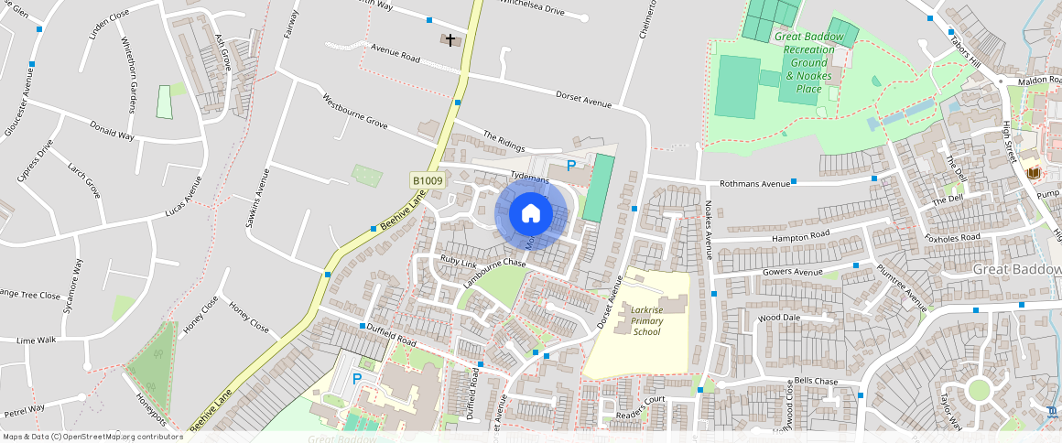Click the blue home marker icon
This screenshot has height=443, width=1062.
(531, 213)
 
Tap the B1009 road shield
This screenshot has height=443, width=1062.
(428, 181)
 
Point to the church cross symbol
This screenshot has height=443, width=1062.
(450, 40)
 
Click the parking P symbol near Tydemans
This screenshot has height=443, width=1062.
(571, 166)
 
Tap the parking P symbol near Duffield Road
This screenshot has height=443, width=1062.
(357, 378)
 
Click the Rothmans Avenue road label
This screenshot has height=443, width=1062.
(754, 184)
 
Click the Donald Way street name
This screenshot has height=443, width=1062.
(113, 131)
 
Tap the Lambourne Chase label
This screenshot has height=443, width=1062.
(494, 275)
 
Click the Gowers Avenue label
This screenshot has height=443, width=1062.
(793, 272)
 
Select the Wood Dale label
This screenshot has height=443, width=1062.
(779, 318)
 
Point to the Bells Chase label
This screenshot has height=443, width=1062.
(815, 381)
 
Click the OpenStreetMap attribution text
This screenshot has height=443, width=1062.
(92, 437)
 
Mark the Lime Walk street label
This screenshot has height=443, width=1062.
(37, 340)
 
